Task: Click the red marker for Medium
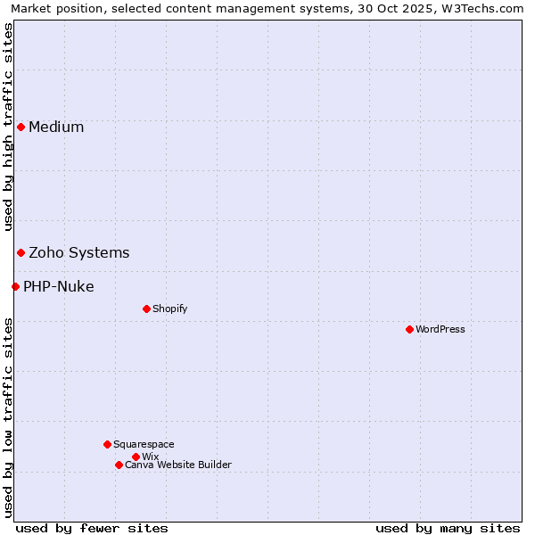point(21,127)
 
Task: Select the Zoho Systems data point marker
point(21,252)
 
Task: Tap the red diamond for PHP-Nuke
point(15,286)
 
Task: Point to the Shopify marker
point(146,309)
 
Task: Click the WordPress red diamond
point(409,329)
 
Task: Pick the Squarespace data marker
point(107,444)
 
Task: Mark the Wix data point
point(136,457)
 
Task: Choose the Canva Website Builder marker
point(119,465)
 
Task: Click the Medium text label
point(56,127)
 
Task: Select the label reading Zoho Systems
point(79,252)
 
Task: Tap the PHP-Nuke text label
point(59,286)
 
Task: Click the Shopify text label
point(169,309)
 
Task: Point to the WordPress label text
point(440,329)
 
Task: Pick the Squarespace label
point(144,444)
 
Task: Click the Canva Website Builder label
point(178,465)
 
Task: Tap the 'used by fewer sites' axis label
point(92,528)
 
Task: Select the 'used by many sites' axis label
point(448,528)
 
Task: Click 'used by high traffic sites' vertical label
point(8,128)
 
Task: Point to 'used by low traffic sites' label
point(8,416)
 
